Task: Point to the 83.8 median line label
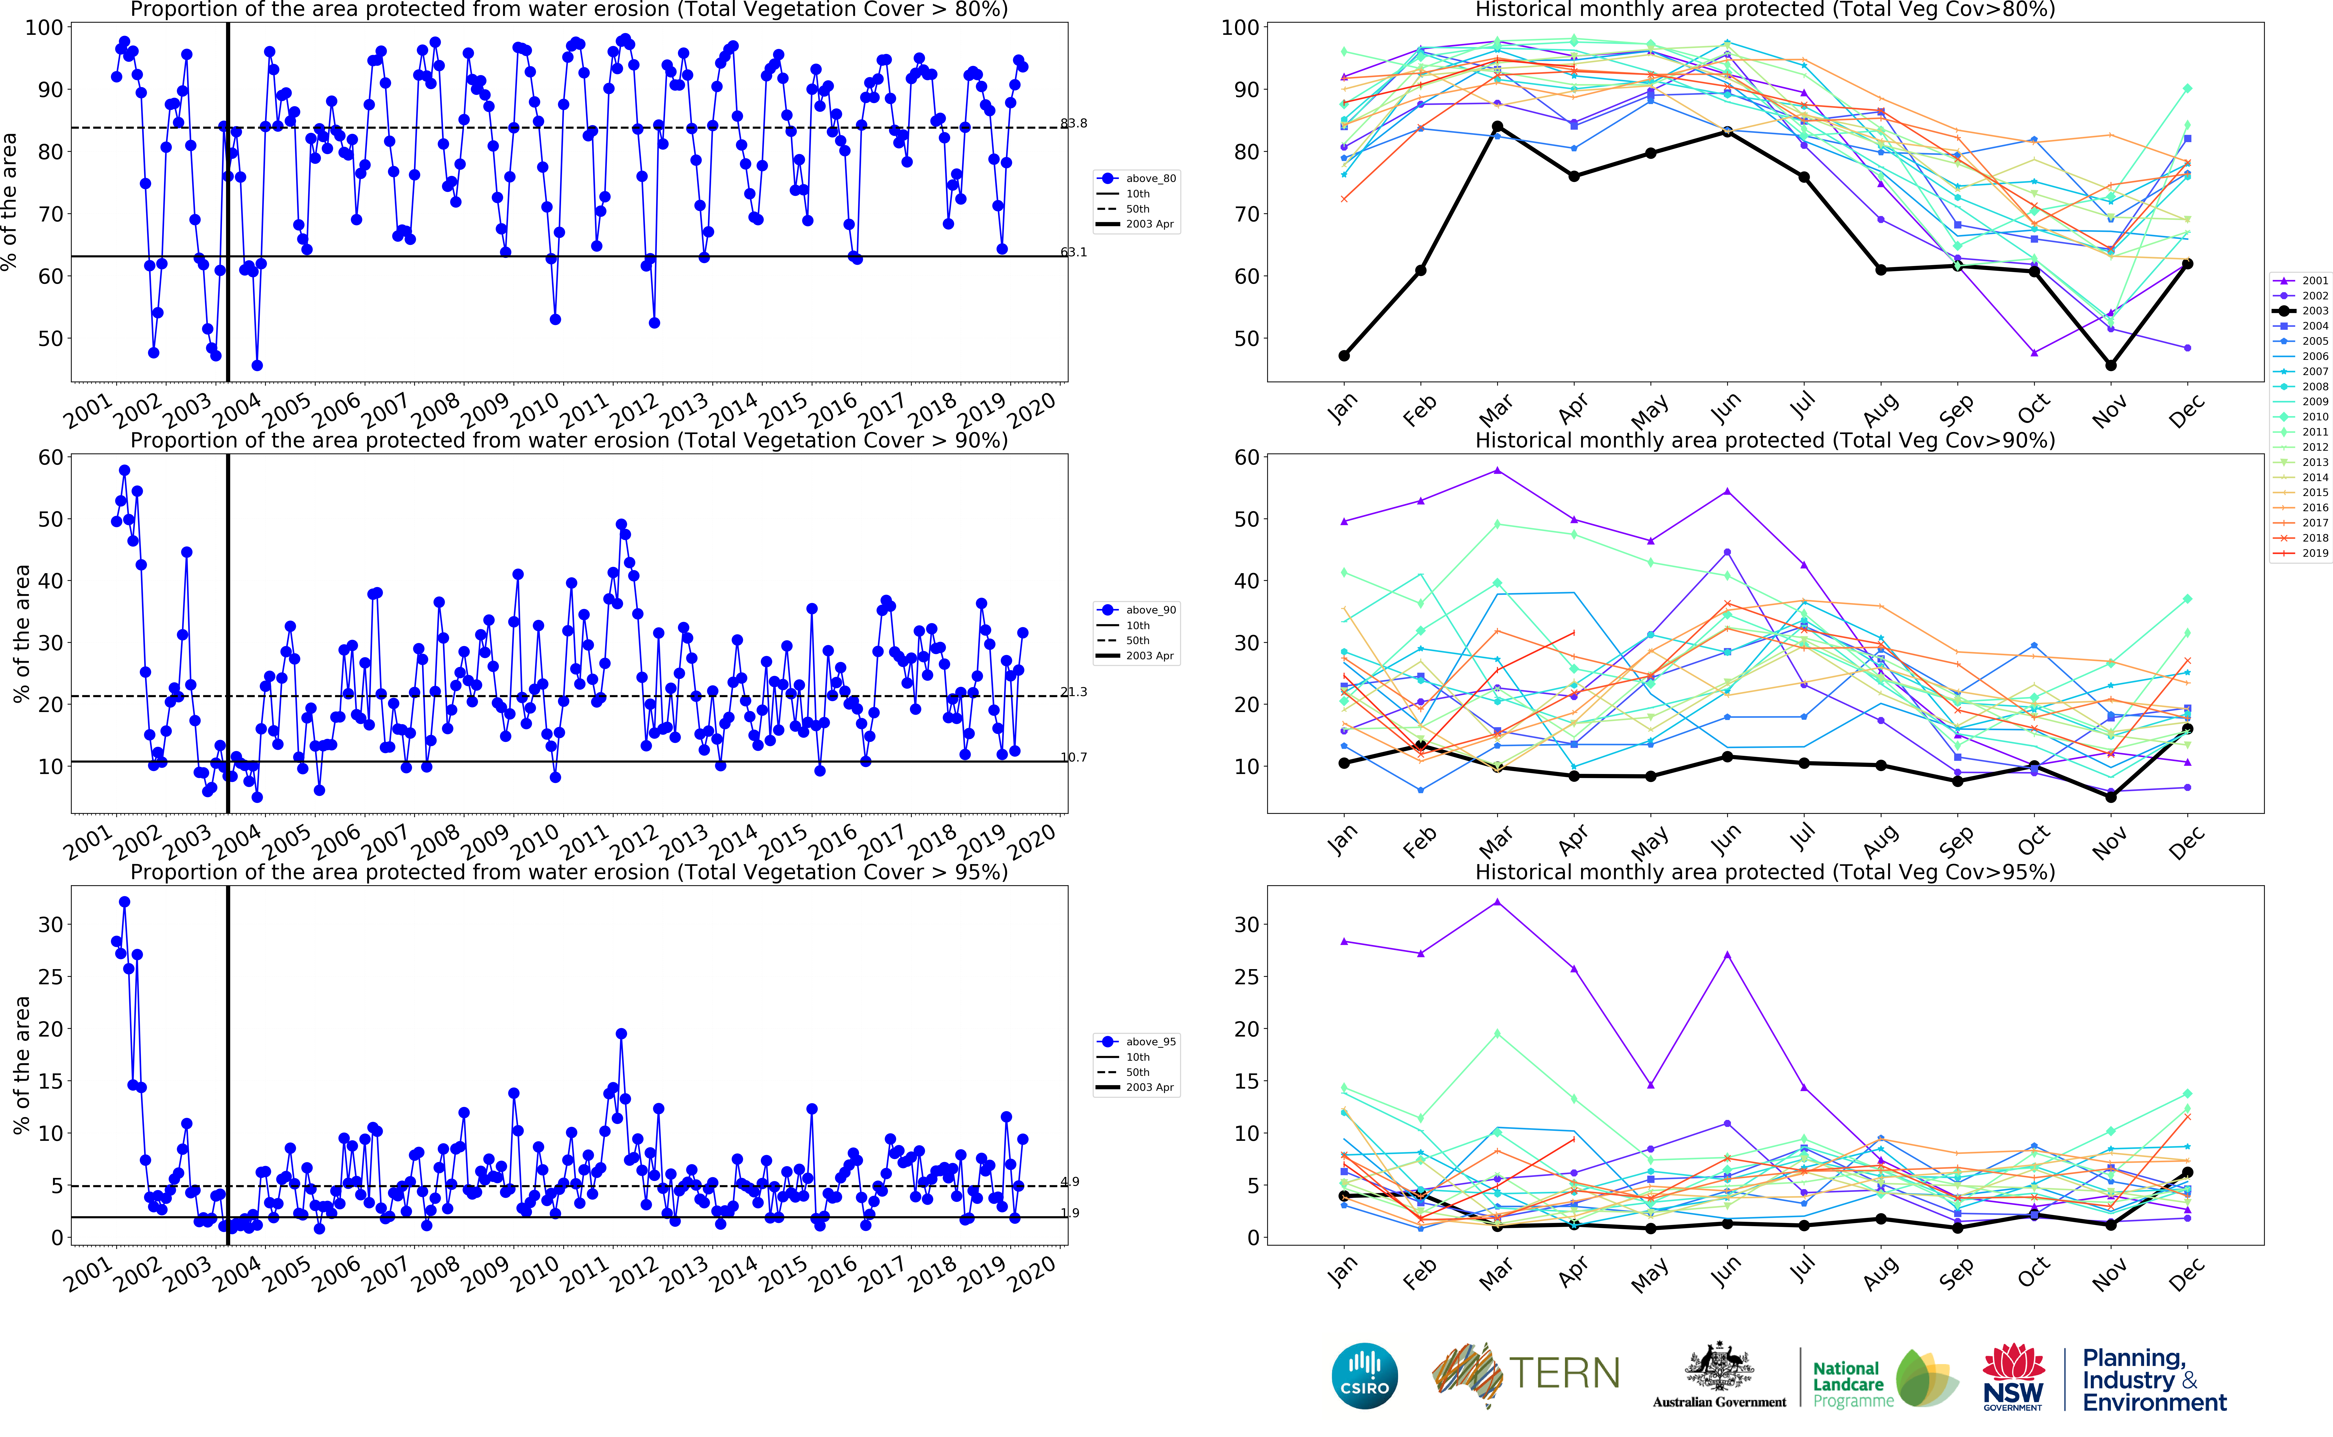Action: pos(1074,123)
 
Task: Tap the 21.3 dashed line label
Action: pos(1074,692)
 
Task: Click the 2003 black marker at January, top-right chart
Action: pos(1344,355)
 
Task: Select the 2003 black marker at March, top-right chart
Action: pos(1498,126)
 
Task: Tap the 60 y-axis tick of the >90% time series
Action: pos(50,457)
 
